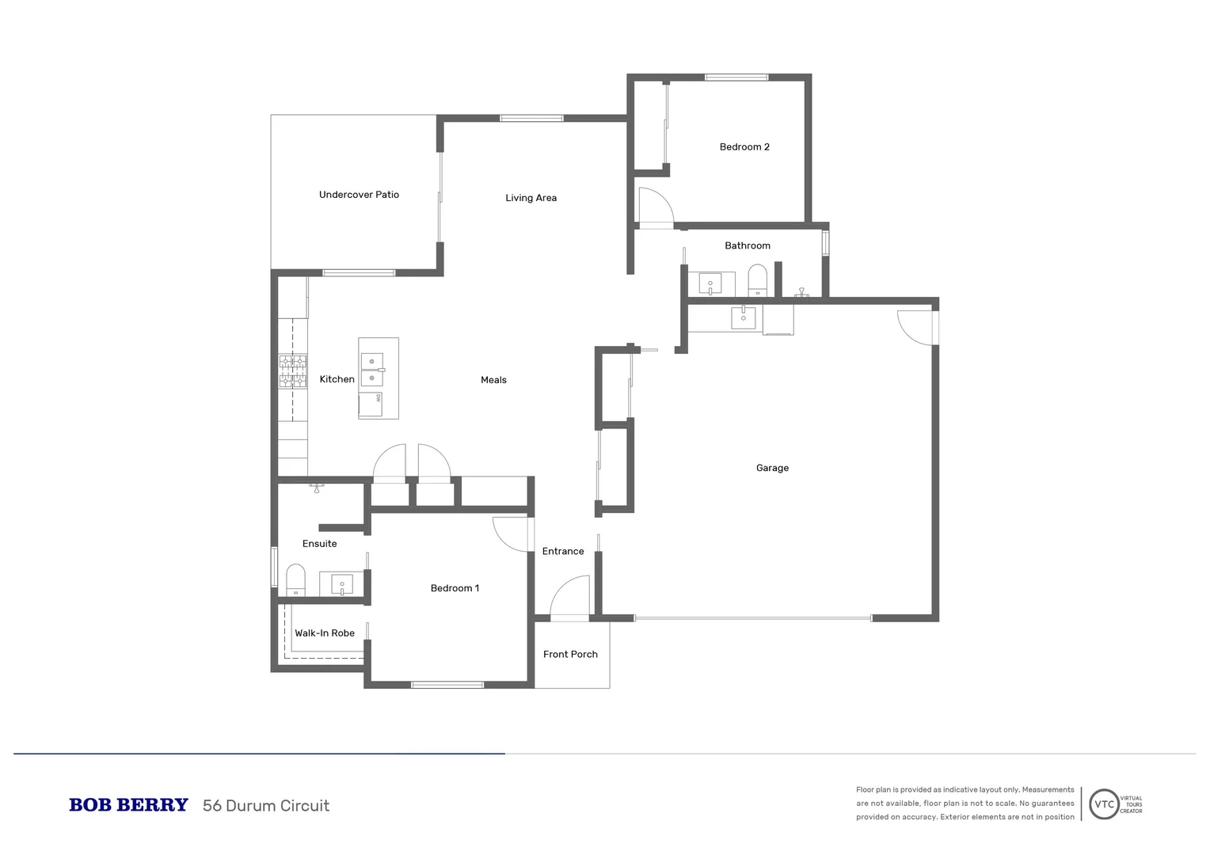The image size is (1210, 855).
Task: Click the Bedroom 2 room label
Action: click(744, 147)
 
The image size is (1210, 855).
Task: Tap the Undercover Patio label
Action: click(359, 195)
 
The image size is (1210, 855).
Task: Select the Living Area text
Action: click(531, 198)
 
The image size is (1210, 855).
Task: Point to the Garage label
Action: click(772, 468)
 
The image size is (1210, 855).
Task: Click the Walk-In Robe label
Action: click(325, 633)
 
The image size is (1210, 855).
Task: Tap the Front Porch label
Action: click(570, 654)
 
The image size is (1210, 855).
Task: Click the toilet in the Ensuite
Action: click(295, 580)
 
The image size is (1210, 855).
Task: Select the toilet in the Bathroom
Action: click(757, 280)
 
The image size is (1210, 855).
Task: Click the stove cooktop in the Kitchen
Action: click(292, 371)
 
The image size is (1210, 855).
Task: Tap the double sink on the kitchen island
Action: click(372, 370)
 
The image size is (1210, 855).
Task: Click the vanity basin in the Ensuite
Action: click(341, 585)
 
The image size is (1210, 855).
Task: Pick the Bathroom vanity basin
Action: click(710, 283)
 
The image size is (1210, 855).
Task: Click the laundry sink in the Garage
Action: click(743, 317)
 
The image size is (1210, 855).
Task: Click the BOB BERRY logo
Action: click(128, 805)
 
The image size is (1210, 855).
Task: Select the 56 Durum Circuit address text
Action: click(266, 806)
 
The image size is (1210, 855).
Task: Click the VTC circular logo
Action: click(1104, 804)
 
